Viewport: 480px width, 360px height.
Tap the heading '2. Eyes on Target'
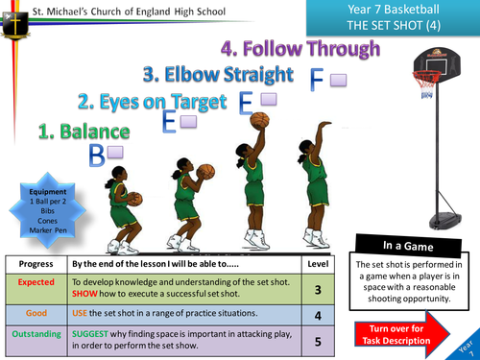[153, 100]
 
